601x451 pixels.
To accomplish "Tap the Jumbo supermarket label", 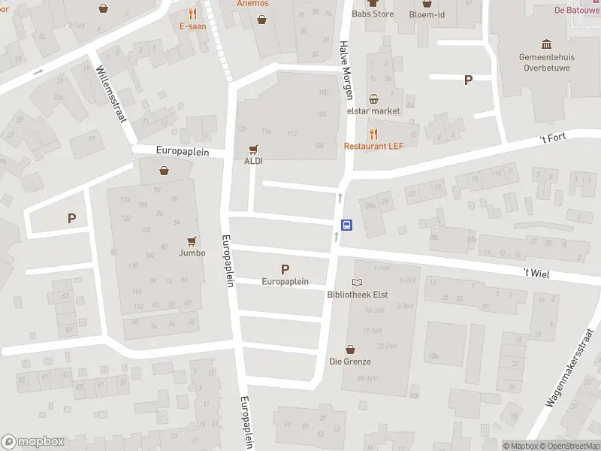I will point(192,253).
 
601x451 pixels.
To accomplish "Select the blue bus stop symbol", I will point(347,224).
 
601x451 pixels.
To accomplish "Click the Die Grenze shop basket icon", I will point(350,350).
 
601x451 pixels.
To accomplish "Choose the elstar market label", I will point(373,110).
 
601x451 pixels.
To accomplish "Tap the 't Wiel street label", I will point(537,274).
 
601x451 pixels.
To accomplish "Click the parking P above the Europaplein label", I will point(285,269).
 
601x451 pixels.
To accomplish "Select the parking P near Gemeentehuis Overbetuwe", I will point(469,80).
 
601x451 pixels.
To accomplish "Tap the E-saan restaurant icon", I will point(192,13).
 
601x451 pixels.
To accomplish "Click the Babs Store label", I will point(373,14).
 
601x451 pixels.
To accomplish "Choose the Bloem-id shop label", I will point(427,14).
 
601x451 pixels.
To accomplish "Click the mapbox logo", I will point(33,442).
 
